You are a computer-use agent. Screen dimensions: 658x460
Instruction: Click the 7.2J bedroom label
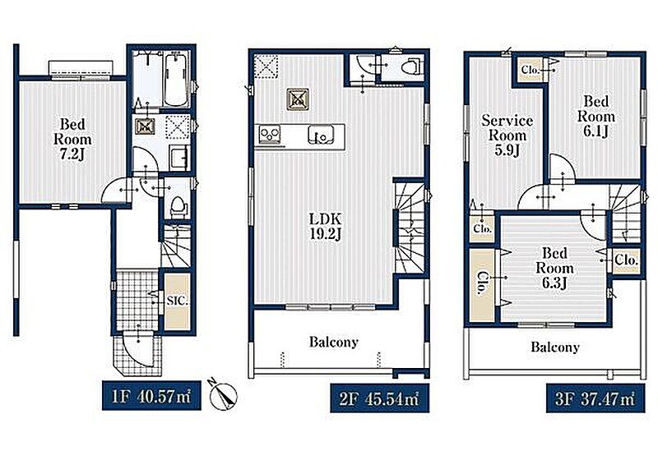72,139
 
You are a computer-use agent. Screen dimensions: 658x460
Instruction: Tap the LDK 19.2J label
325,226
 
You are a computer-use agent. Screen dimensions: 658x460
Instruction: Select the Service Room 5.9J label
507,136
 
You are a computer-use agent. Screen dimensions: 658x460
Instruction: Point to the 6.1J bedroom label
595,116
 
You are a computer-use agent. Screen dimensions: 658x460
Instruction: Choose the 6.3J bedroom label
554,268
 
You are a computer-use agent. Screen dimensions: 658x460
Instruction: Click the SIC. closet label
177,301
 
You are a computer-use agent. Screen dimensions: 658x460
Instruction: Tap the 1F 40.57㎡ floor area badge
151,395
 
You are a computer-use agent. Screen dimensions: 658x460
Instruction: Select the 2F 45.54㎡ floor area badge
380,398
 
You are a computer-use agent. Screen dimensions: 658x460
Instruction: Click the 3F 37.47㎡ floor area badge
595,398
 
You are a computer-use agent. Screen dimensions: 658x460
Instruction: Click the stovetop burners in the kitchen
270,134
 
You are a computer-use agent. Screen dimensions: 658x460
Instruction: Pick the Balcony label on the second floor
334,342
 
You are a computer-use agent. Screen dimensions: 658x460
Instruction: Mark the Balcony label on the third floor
554,347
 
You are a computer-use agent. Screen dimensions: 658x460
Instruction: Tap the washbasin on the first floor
179,157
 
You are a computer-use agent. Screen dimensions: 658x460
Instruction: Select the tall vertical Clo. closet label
482,284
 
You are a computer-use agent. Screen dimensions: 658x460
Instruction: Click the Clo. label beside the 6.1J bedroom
530,70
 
